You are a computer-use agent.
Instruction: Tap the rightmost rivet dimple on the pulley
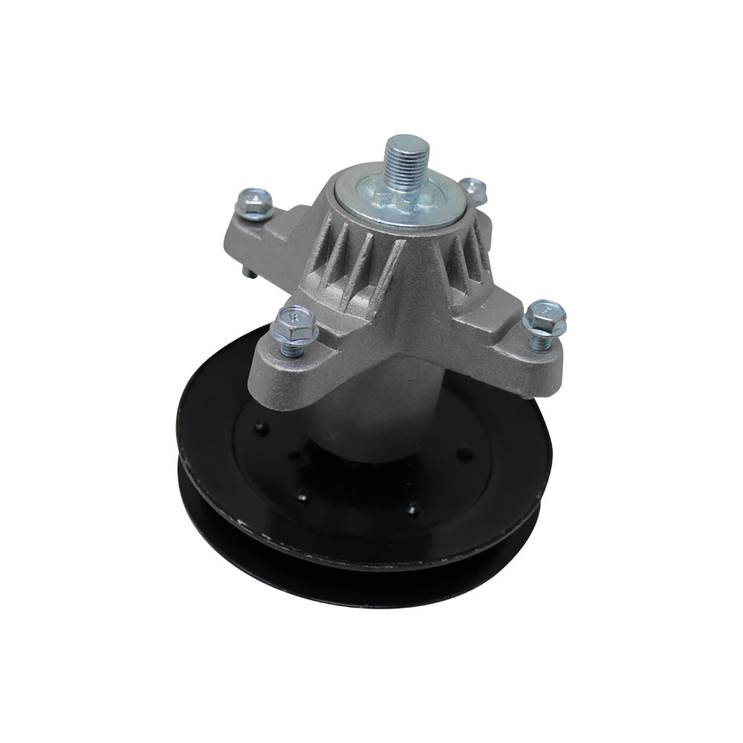(466, 451)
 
